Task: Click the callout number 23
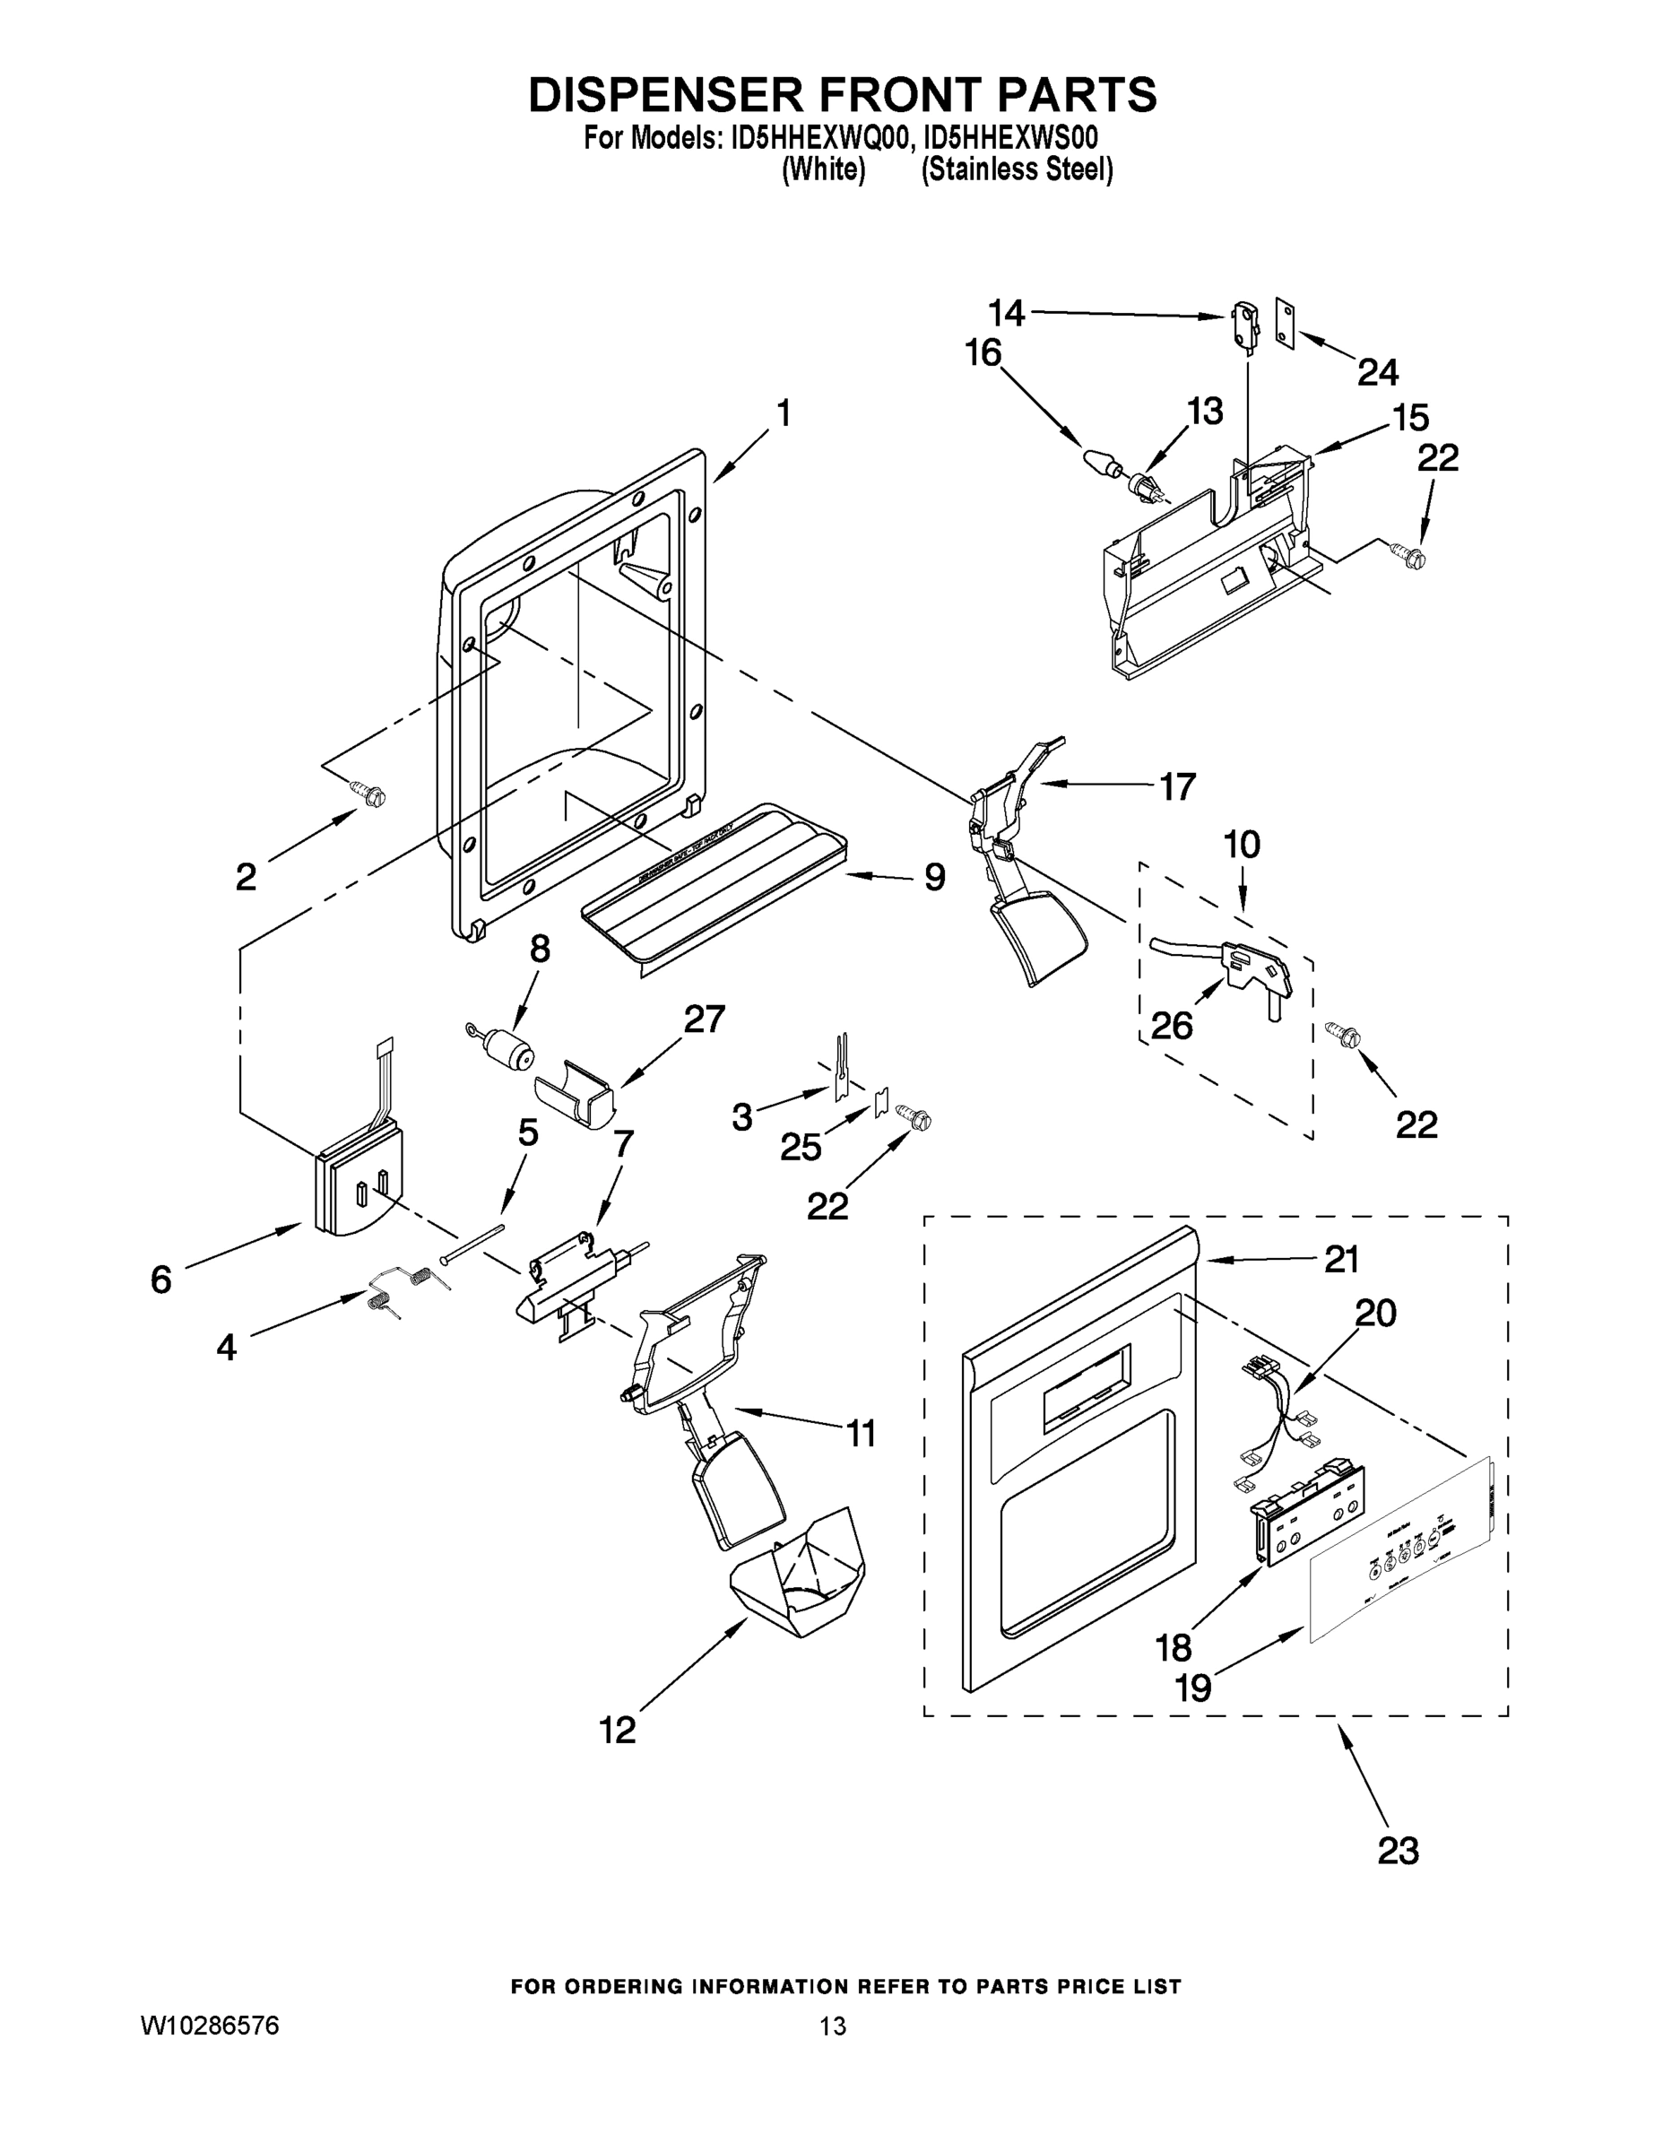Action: pyautogui.click(x=1398, y=1851)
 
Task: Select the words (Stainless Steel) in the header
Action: pyautogui.click(x=1017, y=169)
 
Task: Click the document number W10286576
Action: pyautogui.click(x=211, y=2026)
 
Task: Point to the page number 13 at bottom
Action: pyautogui.click(x=833, y=2026)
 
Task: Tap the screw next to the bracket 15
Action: pyautogui.click(x=1410, y=556)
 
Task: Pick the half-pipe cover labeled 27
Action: pyautogui.click(x=575, y=1093)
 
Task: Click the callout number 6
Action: pyautogui.click(x=160, y=1279)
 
